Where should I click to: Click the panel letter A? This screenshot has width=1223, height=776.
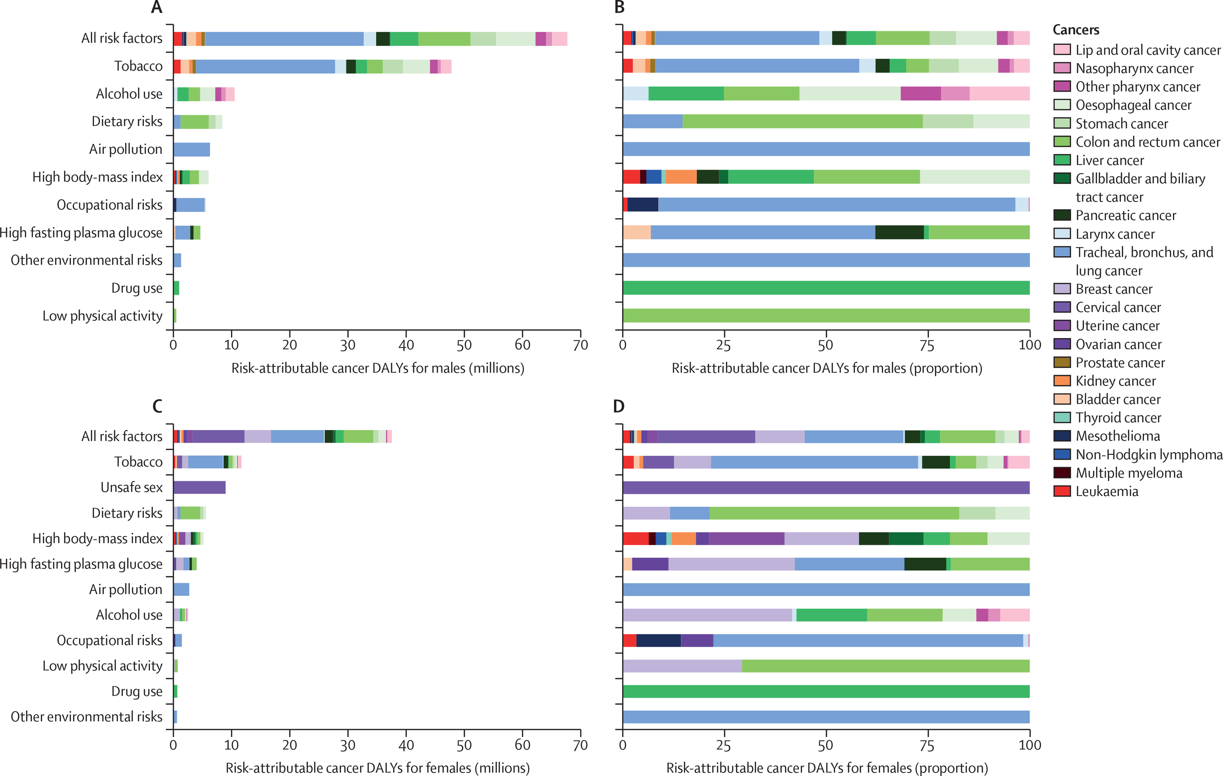(157, 7)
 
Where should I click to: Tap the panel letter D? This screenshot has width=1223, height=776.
(619, 406)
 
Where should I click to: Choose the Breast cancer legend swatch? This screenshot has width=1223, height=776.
(1062, 289)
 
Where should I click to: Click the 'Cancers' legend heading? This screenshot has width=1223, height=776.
(1076, 30)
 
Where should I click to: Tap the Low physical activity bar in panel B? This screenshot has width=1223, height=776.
(826, 315)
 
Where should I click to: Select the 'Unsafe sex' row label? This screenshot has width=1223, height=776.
(132, 487)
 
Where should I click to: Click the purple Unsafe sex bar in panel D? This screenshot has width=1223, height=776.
(826, 487)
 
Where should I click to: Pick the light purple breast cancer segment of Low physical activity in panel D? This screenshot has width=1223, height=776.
(682, 666)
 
